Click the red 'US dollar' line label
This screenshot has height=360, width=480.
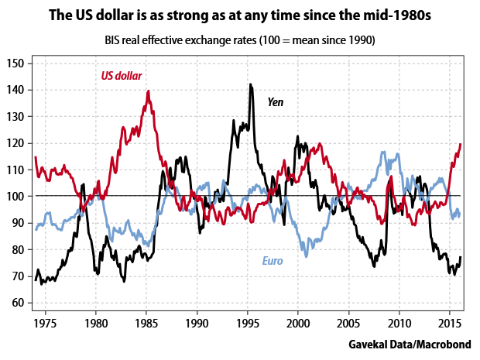tap(127, 76)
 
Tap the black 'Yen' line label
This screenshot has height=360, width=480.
tap(276, 101)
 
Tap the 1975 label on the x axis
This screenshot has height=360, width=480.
tap(46, 321)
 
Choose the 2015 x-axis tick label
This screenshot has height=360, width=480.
tap(450, 321)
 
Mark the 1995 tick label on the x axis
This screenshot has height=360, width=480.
tap(248, 321)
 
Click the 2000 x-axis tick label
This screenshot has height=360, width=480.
tap(298, 321)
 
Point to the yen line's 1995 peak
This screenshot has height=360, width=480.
tap(251, 84)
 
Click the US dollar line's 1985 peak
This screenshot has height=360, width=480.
tap(148, 91)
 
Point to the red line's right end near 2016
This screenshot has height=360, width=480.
tap(461, 144)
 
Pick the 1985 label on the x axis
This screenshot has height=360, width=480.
tap(146, 321)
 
